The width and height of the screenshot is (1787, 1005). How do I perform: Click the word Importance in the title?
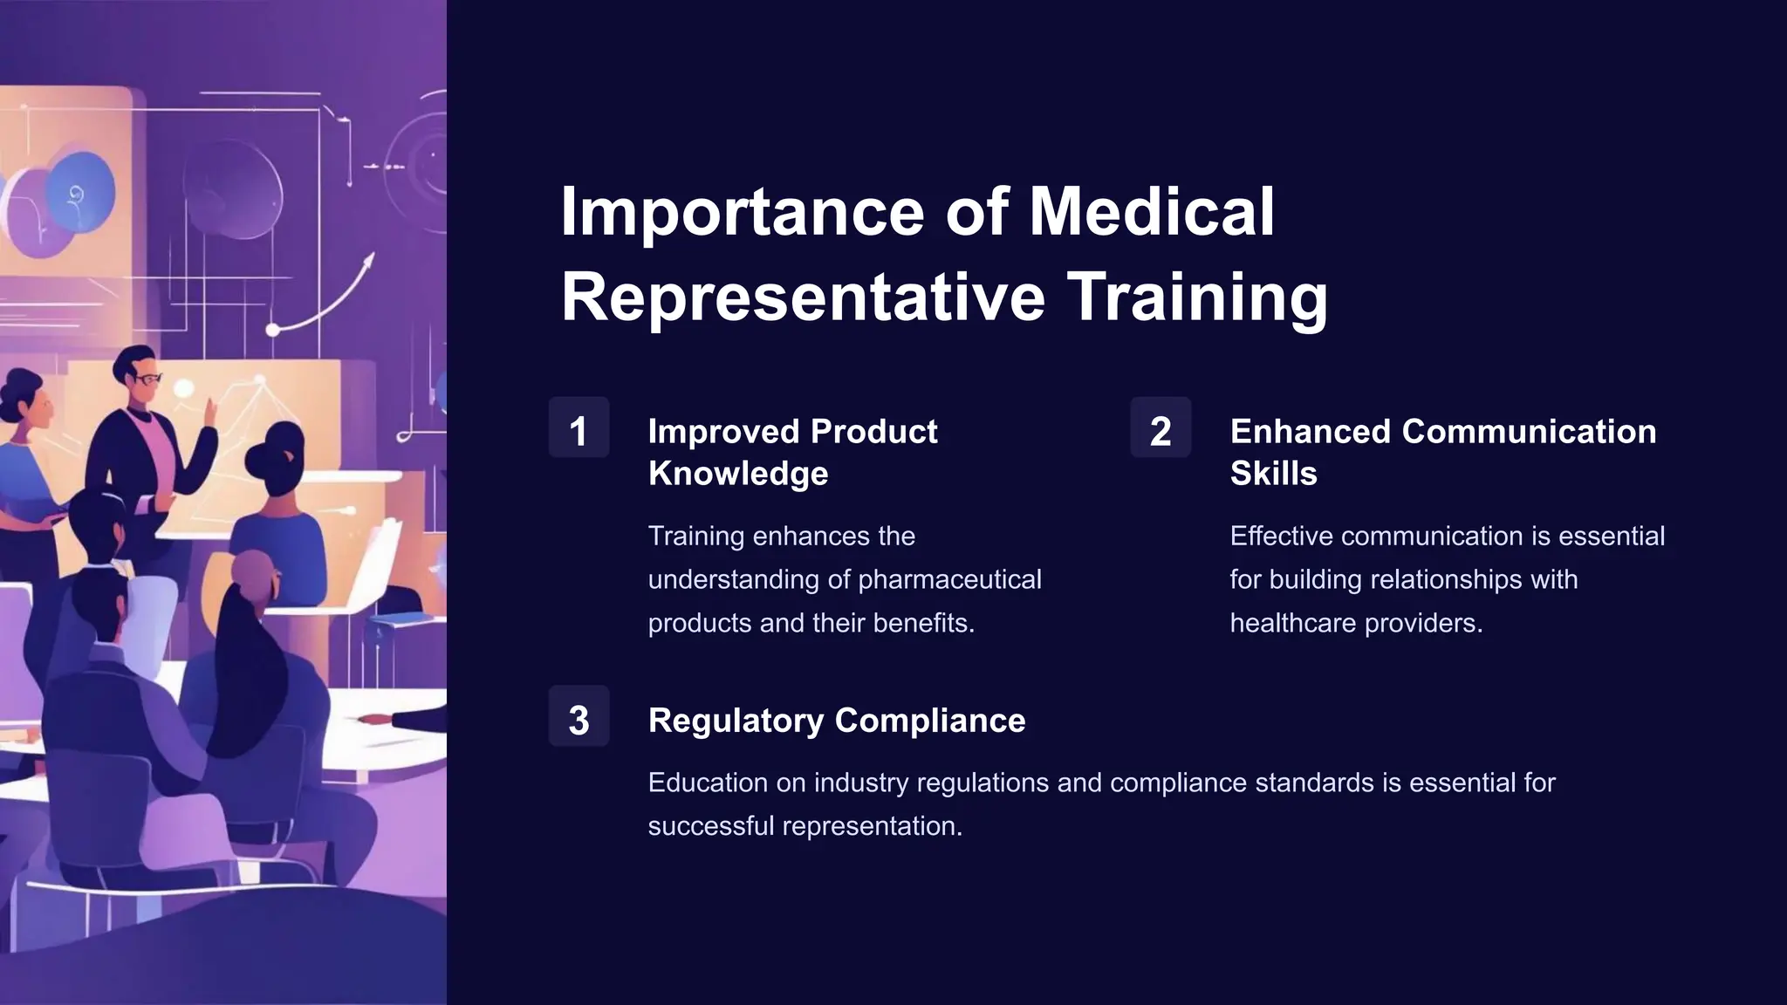742,212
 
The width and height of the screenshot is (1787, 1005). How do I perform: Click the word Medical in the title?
1152,212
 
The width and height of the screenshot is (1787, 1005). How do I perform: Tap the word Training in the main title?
1197,297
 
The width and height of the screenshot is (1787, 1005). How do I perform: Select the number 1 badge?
579,427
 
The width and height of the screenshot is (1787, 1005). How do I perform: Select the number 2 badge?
1161,427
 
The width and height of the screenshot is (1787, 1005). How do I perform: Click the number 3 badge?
579,717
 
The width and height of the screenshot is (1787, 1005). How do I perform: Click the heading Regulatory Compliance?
836,721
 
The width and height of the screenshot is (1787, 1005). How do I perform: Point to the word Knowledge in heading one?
738,474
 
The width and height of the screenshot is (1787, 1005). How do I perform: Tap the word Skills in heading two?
1273,474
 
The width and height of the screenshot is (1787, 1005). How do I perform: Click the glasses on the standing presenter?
148,379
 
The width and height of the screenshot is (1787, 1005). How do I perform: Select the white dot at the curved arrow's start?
272,330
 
